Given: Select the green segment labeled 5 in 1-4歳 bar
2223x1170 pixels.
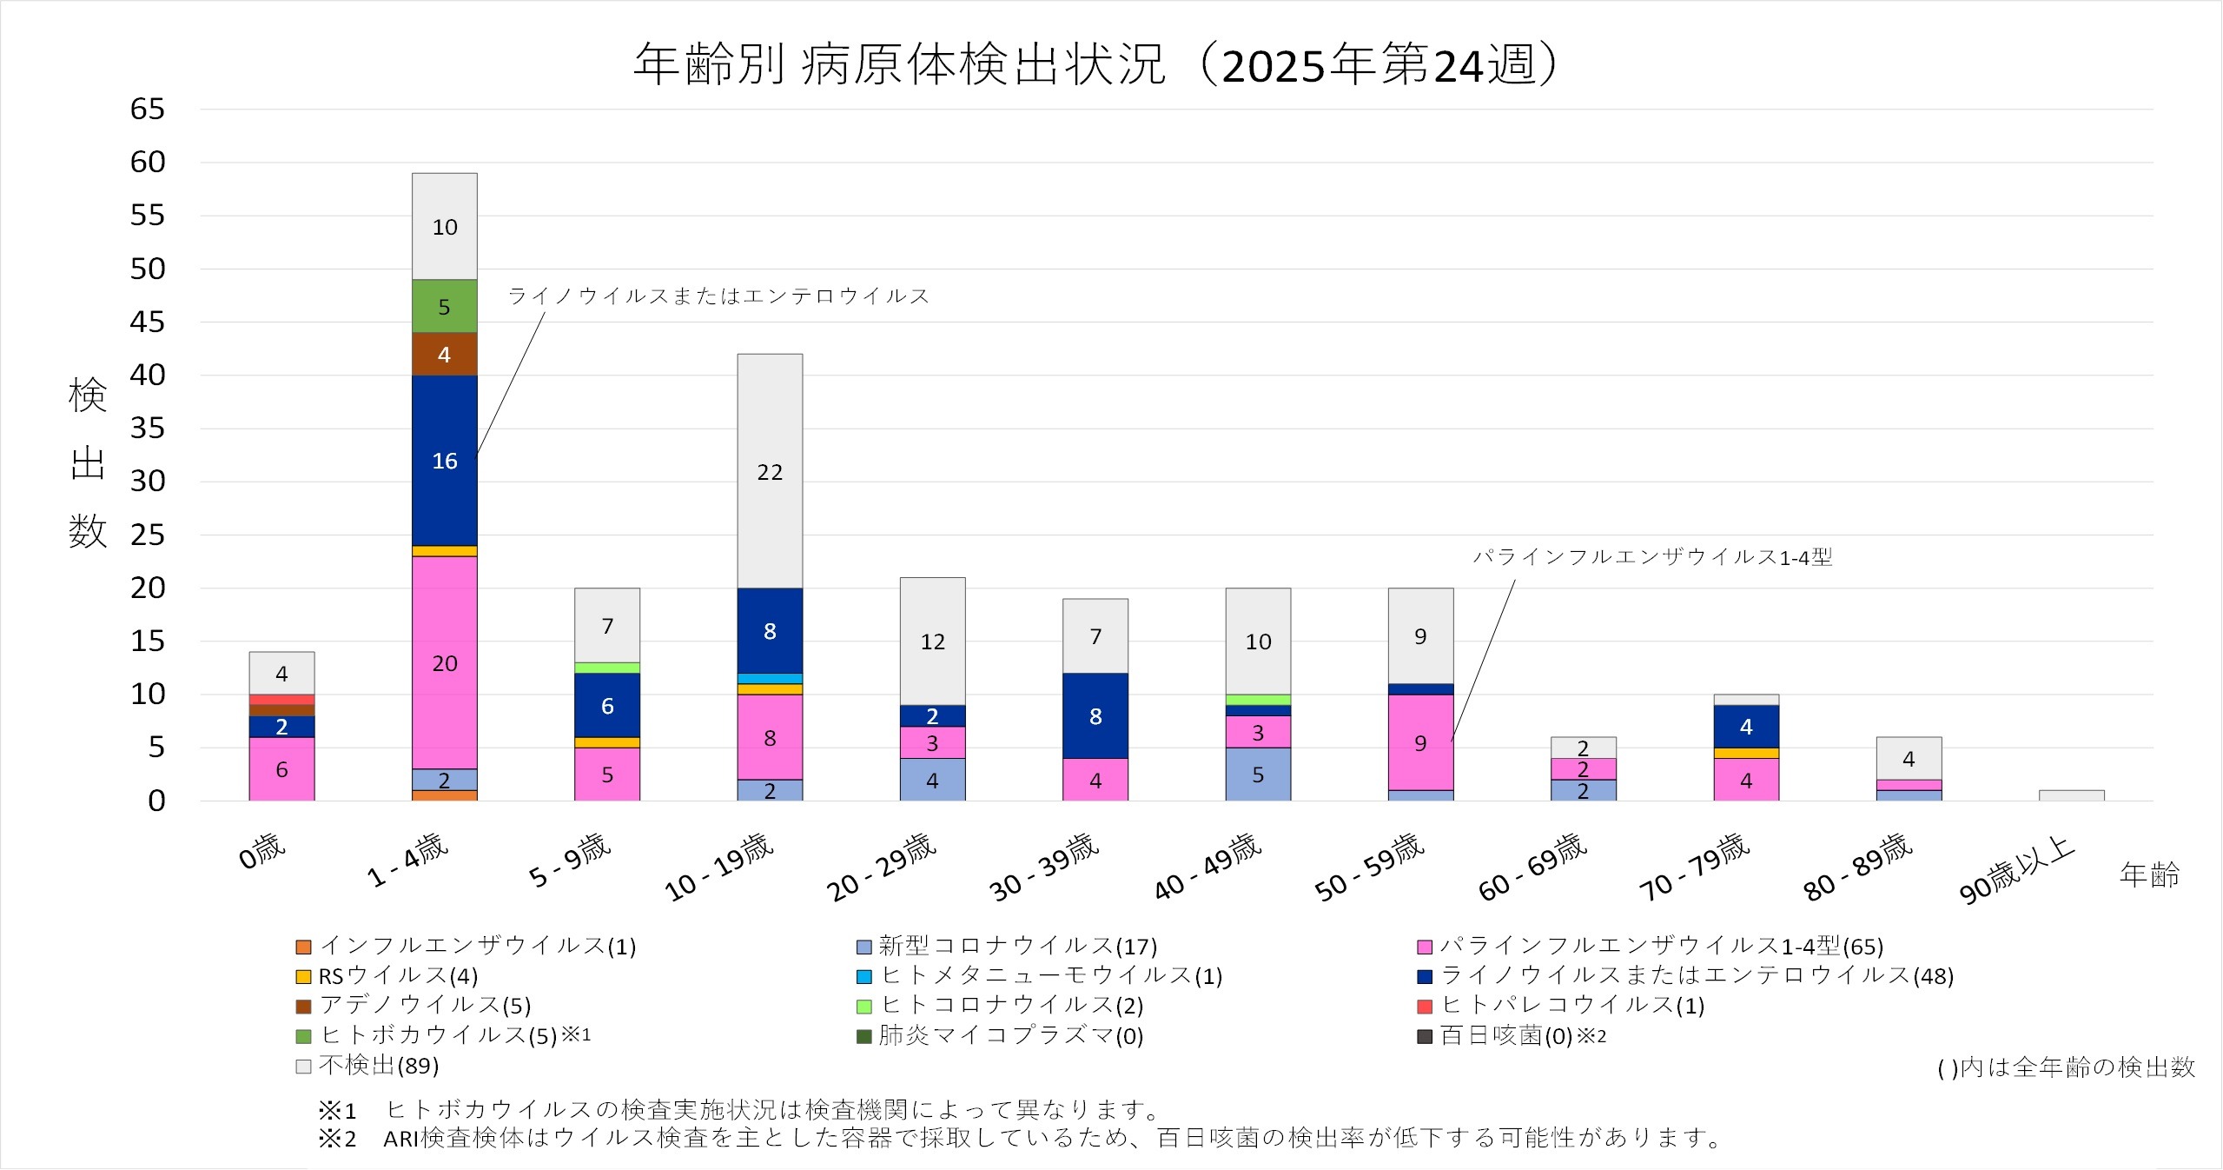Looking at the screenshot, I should [x=444, y=306].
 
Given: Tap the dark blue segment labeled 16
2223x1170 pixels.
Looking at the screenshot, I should [x=444, y=461].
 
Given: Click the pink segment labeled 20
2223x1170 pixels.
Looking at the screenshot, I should [x=444, y=662].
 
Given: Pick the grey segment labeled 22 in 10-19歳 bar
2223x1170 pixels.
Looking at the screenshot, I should [x=770, y=471].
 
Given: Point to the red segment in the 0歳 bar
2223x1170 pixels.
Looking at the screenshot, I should [x=281, y=700].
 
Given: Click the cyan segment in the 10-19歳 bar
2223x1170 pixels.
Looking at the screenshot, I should [x=770, y=679].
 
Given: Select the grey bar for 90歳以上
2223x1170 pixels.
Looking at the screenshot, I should [x=2071, y=795].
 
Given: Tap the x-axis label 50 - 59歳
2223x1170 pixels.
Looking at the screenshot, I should [x=1369, y=868].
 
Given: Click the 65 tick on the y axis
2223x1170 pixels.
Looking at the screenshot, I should [x=147, y=110].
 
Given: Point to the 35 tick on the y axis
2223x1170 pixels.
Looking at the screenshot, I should [x=147, y=429].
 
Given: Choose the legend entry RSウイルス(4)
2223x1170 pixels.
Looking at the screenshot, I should [x=387, y=976].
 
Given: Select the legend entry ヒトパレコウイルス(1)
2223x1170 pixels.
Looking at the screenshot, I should [x=1562, y=1006].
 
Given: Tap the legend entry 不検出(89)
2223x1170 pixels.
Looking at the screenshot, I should [x=368, y=1066].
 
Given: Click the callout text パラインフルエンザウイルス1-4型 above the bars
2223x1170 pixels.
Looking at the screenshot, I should [x=1652, y=557].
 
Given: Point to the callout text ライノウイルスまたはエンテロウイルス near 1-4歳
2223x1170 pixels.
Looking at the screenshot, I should [x=718, y=296].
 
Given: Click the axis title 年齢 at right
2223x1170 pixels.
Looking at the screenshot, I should [x=2149, y=874].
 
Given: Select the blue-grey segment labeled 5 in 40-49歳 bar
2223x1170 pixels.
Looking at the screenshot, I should [x=1258, y=774].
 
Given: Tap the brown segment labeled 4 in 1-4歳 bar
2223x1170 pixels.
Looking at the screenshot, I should [x=444, y=354].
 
